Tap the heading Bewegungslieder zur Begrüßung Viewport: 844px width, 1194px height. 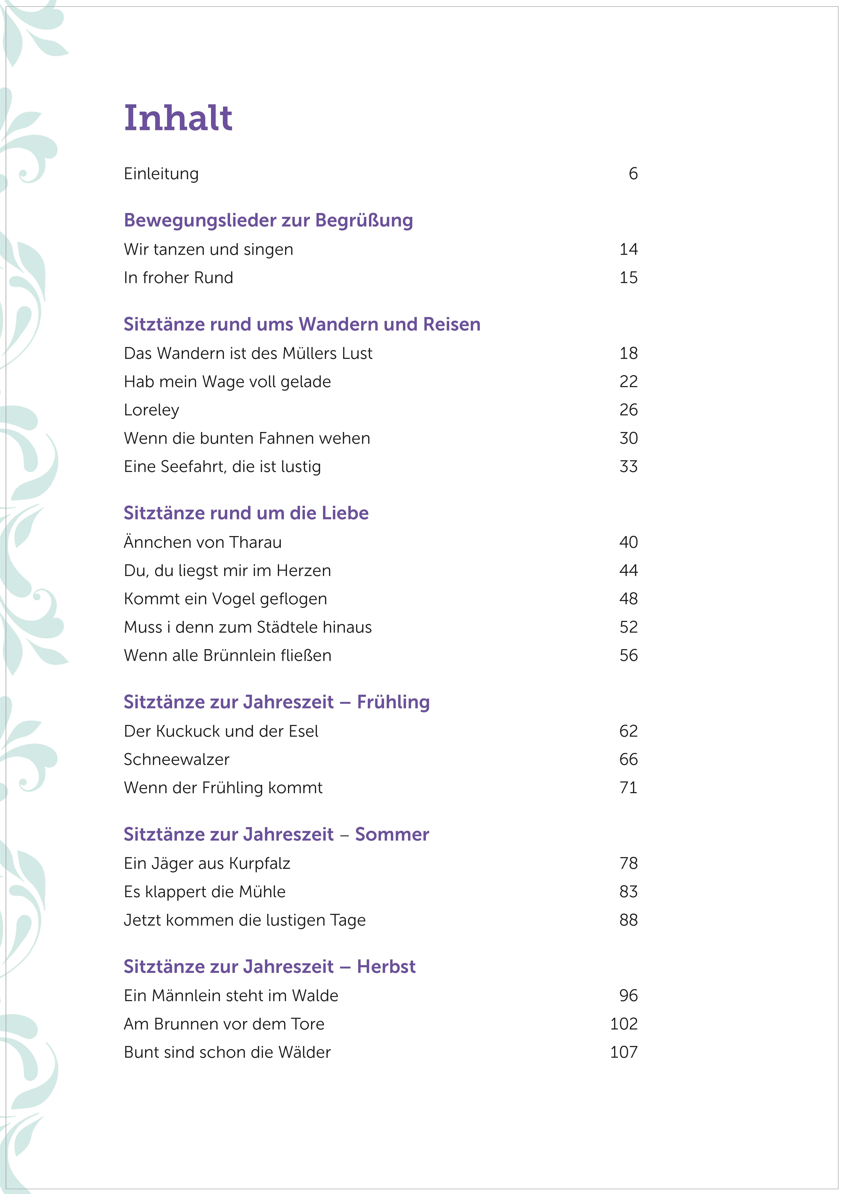268,220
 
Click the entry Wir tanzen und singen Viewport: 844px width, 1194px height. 208,250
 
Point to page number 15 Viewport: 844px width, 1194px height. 628,278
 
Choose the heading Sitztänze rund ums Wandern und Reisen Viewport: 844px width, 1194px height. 302,325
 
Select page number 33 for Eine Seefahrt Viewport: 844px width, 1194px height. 628,467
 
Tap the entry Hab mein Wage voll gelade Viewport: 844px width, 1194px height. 227,382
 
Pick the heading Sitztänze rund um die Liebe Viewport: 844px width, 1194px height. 246,513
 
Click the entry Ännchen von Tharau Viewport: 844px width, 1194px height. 202,542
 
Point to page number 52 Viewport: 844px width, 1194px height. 628,627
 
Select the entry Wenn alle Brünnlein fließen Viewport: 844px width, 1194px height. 227,655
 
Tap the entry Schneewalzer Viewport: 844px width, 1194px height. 176,760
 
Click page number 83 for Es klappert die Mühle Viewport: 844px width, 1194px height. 628,892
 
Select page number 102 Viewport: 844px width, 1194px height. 624,1024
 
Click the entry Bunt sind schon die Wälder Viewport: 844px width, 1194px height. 227,1053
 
